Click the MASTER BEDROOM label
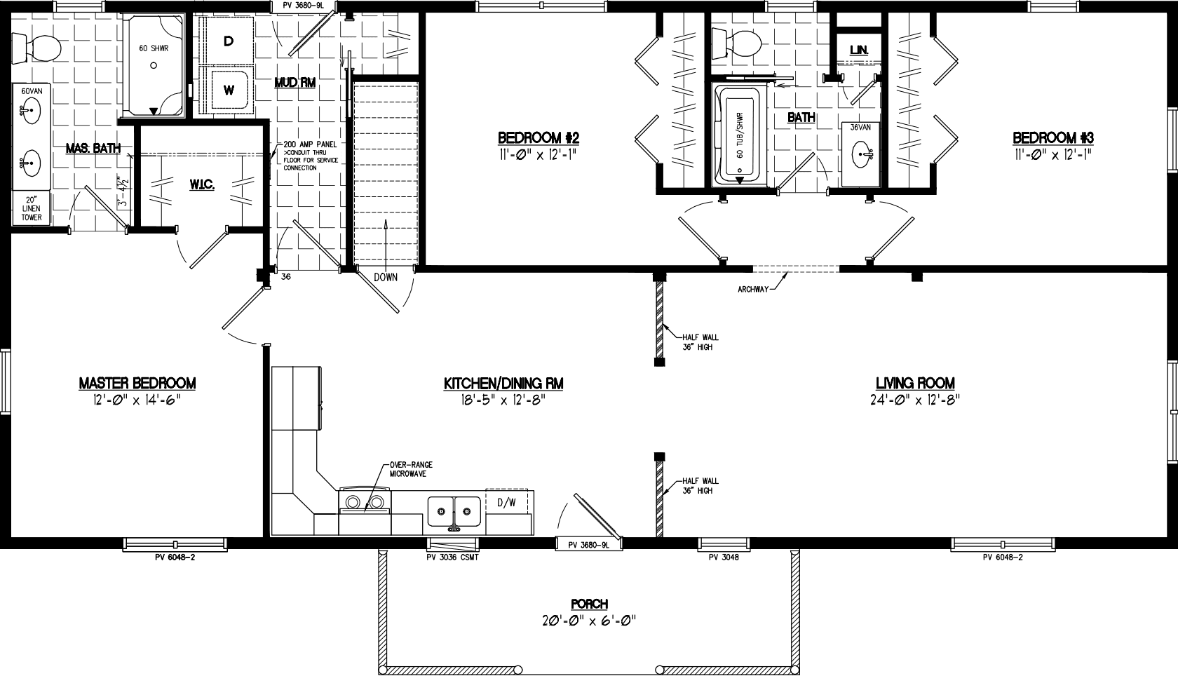click(137, 384)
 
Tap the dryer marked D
click(228, 41)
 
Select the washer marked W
click(229, 90)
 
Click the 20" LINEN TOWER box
click(31, 208)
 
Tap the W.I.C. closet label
click(201, 184)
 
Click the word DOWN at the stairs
click(385, 277)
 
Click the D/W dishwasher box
click(506, 502)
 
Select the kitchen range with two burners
click(364, 502)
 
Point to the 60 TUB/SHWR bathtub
click(740, 135)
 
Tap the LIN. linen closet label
click(858, 50)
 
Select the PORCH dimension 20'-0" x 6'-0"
click(588, 620)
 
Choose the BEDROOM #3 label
click(1052, 137)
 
